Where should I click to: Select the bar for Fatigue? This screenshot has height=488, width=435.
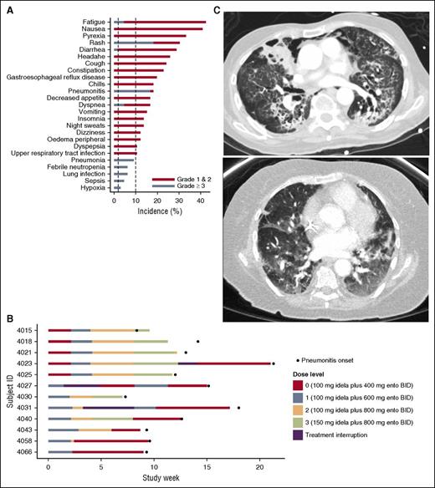159,22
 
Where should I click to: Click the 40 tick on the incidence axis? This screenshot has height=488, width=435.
200,201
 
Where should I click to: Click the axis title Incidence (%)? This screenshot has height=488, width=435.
159,212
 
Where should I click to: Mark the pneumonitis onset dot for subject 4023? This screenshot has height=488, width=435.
273,363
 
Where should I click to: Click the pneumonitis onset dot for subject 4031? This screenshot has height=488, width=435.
238,408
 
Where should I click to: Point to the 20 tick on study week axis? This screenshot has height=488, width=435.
259,465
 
